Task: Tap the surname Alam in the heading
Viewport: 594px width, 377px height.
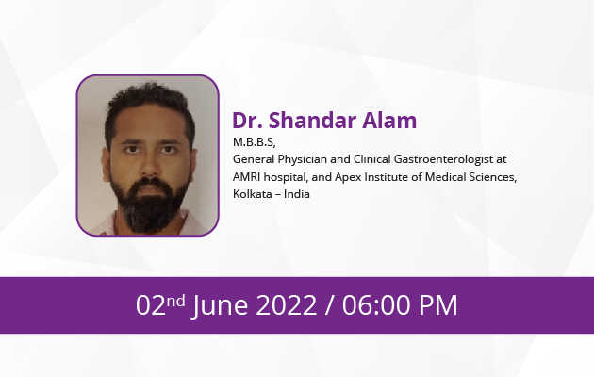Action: pos(389,121)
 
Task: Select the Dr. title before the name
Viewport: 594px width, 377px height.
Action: pos(247,121)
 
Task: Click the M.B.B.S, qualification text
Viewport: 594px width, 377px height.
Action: pos(255,142)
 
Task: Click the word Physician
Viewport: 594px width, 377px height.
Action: pos(302,159)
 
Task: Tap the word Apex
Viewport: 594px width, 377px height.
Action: pos(348,177)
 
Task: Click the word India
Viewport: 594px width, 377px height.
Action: pos(297,194)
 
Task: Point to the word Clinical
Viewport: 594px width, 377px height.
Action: pos(372,159)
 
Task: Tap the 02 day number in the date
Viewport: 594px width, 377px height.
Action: pos(151,305)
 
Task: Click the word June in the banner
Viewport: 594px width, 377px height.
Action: pos(220,305)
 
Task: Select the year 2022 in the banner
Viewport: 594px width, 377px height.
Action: pos(287,305)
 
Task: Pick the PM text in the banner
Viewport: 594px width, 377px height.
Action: pos(437,305)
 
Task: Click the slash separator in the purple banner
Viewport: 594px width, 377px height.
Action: pos(330,305)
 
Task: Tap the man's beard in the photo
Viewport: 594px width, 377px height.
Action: pos(150,206)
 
